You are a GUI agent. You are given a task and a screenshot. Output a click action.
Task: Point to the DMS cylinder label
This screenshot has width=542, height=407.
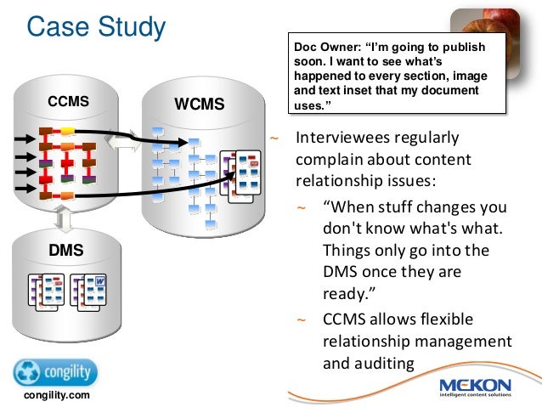click(66, 250)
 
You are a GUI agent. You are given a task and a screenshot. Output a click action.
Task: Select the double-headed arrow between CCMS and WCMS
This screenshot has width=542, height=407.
click(125, 144)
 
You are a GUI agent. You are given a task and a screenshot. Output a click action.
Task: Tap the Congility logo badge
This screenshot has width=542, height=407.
click(55, 372)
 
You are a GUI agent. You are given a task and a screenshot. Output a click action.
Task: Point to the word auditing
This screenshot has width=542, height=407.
click(369, 363)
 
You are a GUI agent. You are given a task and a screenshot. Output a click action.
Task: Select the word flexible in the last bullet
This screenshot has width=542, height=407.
click(460, 319)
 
